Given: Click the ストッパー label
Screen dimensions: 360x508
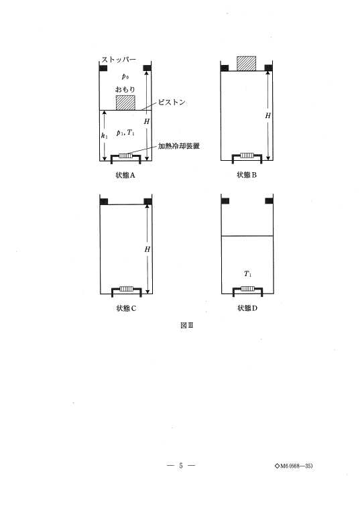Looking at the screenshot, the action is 119,59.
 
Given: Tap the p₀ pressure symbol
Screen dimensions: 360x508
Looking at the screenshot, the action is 125,76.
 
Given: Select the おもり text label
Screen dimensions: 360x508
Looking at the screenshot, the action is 125,88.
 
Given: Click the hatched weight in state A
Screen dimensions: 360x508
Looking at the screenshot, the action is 126,103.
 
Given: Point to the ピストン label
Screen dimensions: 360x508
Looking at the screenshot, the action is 172,103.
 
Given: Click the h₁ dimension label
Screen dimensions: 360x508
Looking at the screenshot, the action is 104,135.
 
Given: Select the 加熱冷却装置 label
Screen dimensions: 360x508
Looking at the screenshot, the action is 178,146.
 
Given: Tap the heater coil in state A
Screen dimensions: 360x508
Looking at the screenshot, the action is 126,156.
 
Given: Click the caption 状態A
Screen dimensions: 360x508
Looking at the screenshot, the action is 125,176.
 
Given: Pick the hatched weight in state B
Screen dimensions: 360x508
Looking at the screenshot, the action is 246,64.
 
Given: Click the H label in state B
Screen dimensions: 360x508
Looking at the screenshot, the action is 267,116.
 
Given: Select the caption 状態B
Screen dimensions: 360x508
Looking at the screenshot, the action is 247,175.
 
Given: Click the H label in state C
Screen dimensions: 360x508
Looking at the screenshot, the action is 147,249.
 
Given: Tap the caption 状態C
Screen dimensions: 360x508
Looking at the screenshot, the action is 126,308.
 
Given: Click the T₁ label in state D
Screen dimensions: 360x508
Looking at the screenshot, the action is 247,274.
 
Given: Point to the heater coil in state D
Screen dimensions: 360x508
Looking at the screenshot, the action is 247,289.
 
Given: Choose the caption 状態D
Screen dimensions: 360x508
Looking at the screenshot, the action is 247,308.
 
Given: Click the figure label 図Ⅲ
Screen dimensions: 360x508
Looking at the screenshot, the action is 186,325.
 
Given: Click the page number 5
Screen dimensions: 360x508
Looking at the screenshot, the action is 181,466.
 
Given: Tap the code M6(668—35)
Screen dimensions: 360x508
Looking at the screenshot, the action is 294,466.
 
